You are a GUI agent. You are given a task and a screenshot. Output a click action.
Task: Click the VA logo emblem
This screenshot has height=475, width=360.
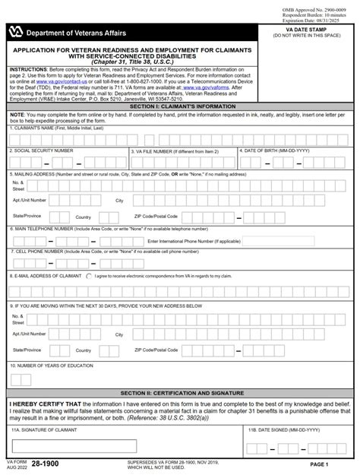(x=17, y=33)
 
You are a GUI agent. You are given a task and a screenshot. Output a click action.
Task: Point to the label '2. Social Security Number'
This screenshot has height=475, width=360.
(x=42, y=150)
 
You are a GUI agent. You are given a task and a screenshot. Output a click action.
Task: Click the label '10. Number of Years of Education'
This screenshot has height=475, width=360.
(x=51, y=365)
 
